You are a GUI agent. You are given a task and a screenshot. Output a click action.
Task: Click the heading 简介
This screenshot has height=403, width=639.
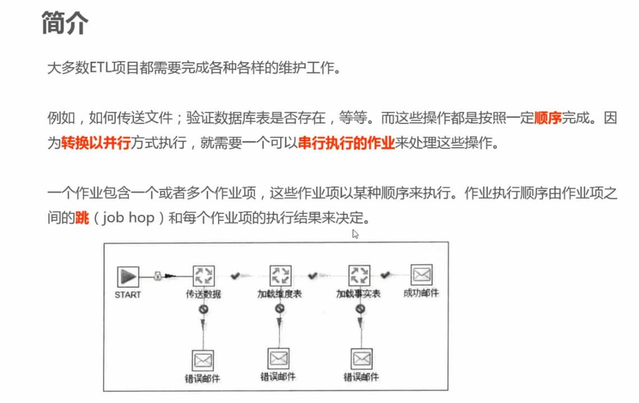point(65,23)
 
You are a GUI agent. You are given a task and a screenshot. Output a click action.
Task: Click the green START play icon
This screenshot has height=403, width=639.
point(128,277)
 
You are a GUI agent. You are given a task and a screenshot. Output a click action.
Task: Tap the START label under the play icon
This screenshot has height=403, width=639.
point(128,295)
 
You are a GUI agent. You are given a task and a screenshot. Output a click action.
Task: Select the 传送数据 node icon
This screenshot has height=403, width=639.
point(203,276)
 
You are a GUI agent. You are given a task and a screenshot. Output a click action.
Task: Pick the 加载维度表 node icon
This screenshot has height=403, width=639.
point(280,276)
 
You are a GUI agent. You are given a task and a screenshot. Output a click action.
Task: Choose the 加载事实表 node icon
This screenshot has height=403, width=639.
point(359,276)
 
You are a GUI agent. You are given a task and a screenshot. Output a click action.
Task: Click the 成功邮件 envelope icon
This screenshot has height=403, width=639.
point(422,276)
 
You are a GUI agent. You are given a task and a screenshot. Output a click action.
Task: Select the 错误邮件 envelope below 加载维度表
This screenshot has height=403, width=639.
point(279,358)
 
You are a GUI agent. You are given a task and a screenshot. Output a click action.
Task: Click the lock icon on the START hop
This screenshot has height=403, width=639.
point(158,276)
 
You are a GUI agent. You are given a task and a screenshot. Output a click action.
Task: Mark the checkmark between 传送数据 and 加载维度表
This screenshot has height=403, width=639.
point(235,276)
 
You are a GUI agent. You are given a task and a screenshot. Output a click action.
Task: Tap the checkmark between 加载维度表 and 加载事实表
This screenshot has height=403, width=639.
point(313,276)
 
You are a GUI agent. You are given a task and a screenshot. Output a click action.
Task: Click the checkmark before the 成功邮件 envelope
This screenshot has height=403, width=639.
point(385,275)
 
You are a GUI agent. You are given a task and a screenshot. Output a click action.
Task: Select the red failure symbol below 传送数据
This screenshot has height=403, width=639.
point(203,309)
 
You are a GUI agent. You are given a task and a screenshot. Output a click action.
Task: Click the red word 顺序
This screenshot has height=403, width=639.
point(548,119)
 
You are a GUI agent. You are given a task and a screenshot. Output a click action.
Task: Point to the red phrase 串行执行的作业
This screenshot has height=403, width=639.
point(346,143)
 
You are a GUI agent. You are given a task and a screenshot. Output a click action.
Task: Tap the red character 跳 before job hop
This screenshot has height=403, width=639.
point(82,218)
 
